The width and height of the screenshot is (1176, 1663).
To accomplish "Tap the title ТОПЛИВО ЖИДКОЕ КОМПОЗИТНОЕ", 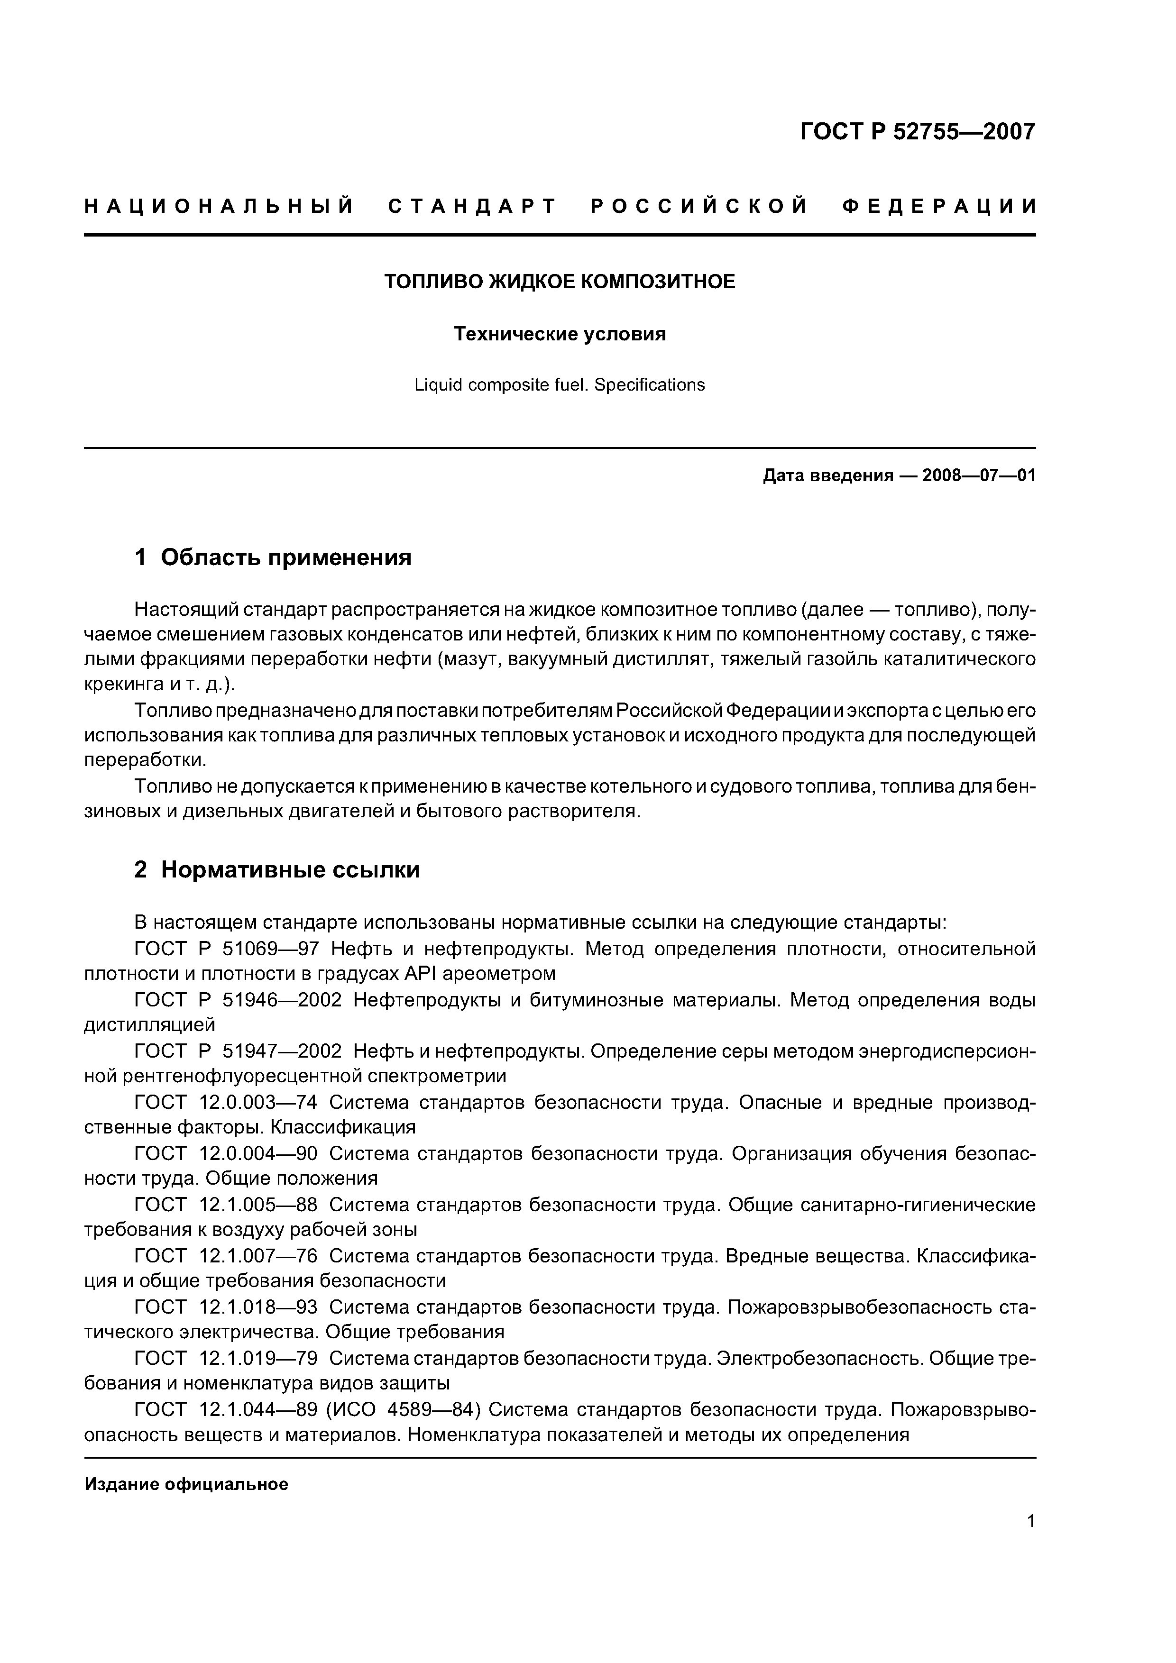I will click(x=560, y=282).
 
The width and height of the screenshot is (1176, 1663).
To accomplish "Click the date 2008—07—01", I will click(x=979, y=476).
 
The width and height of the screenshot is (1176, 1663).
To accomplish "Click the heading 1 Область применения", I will click(x=273, y=557).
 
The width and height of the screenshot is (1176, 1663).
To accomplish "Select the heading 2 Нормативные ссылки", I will click(x=277, y=869).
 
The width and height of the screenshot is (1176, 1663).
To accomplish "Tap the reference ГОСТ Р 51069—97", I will click(x=227, y=949).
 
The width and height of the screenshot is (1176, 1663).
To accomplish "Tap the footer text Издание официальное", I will click(x=186, y=1484).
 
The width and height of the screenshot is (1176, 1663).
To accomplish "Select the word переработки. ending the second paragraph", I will click(x=146, y=760).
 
